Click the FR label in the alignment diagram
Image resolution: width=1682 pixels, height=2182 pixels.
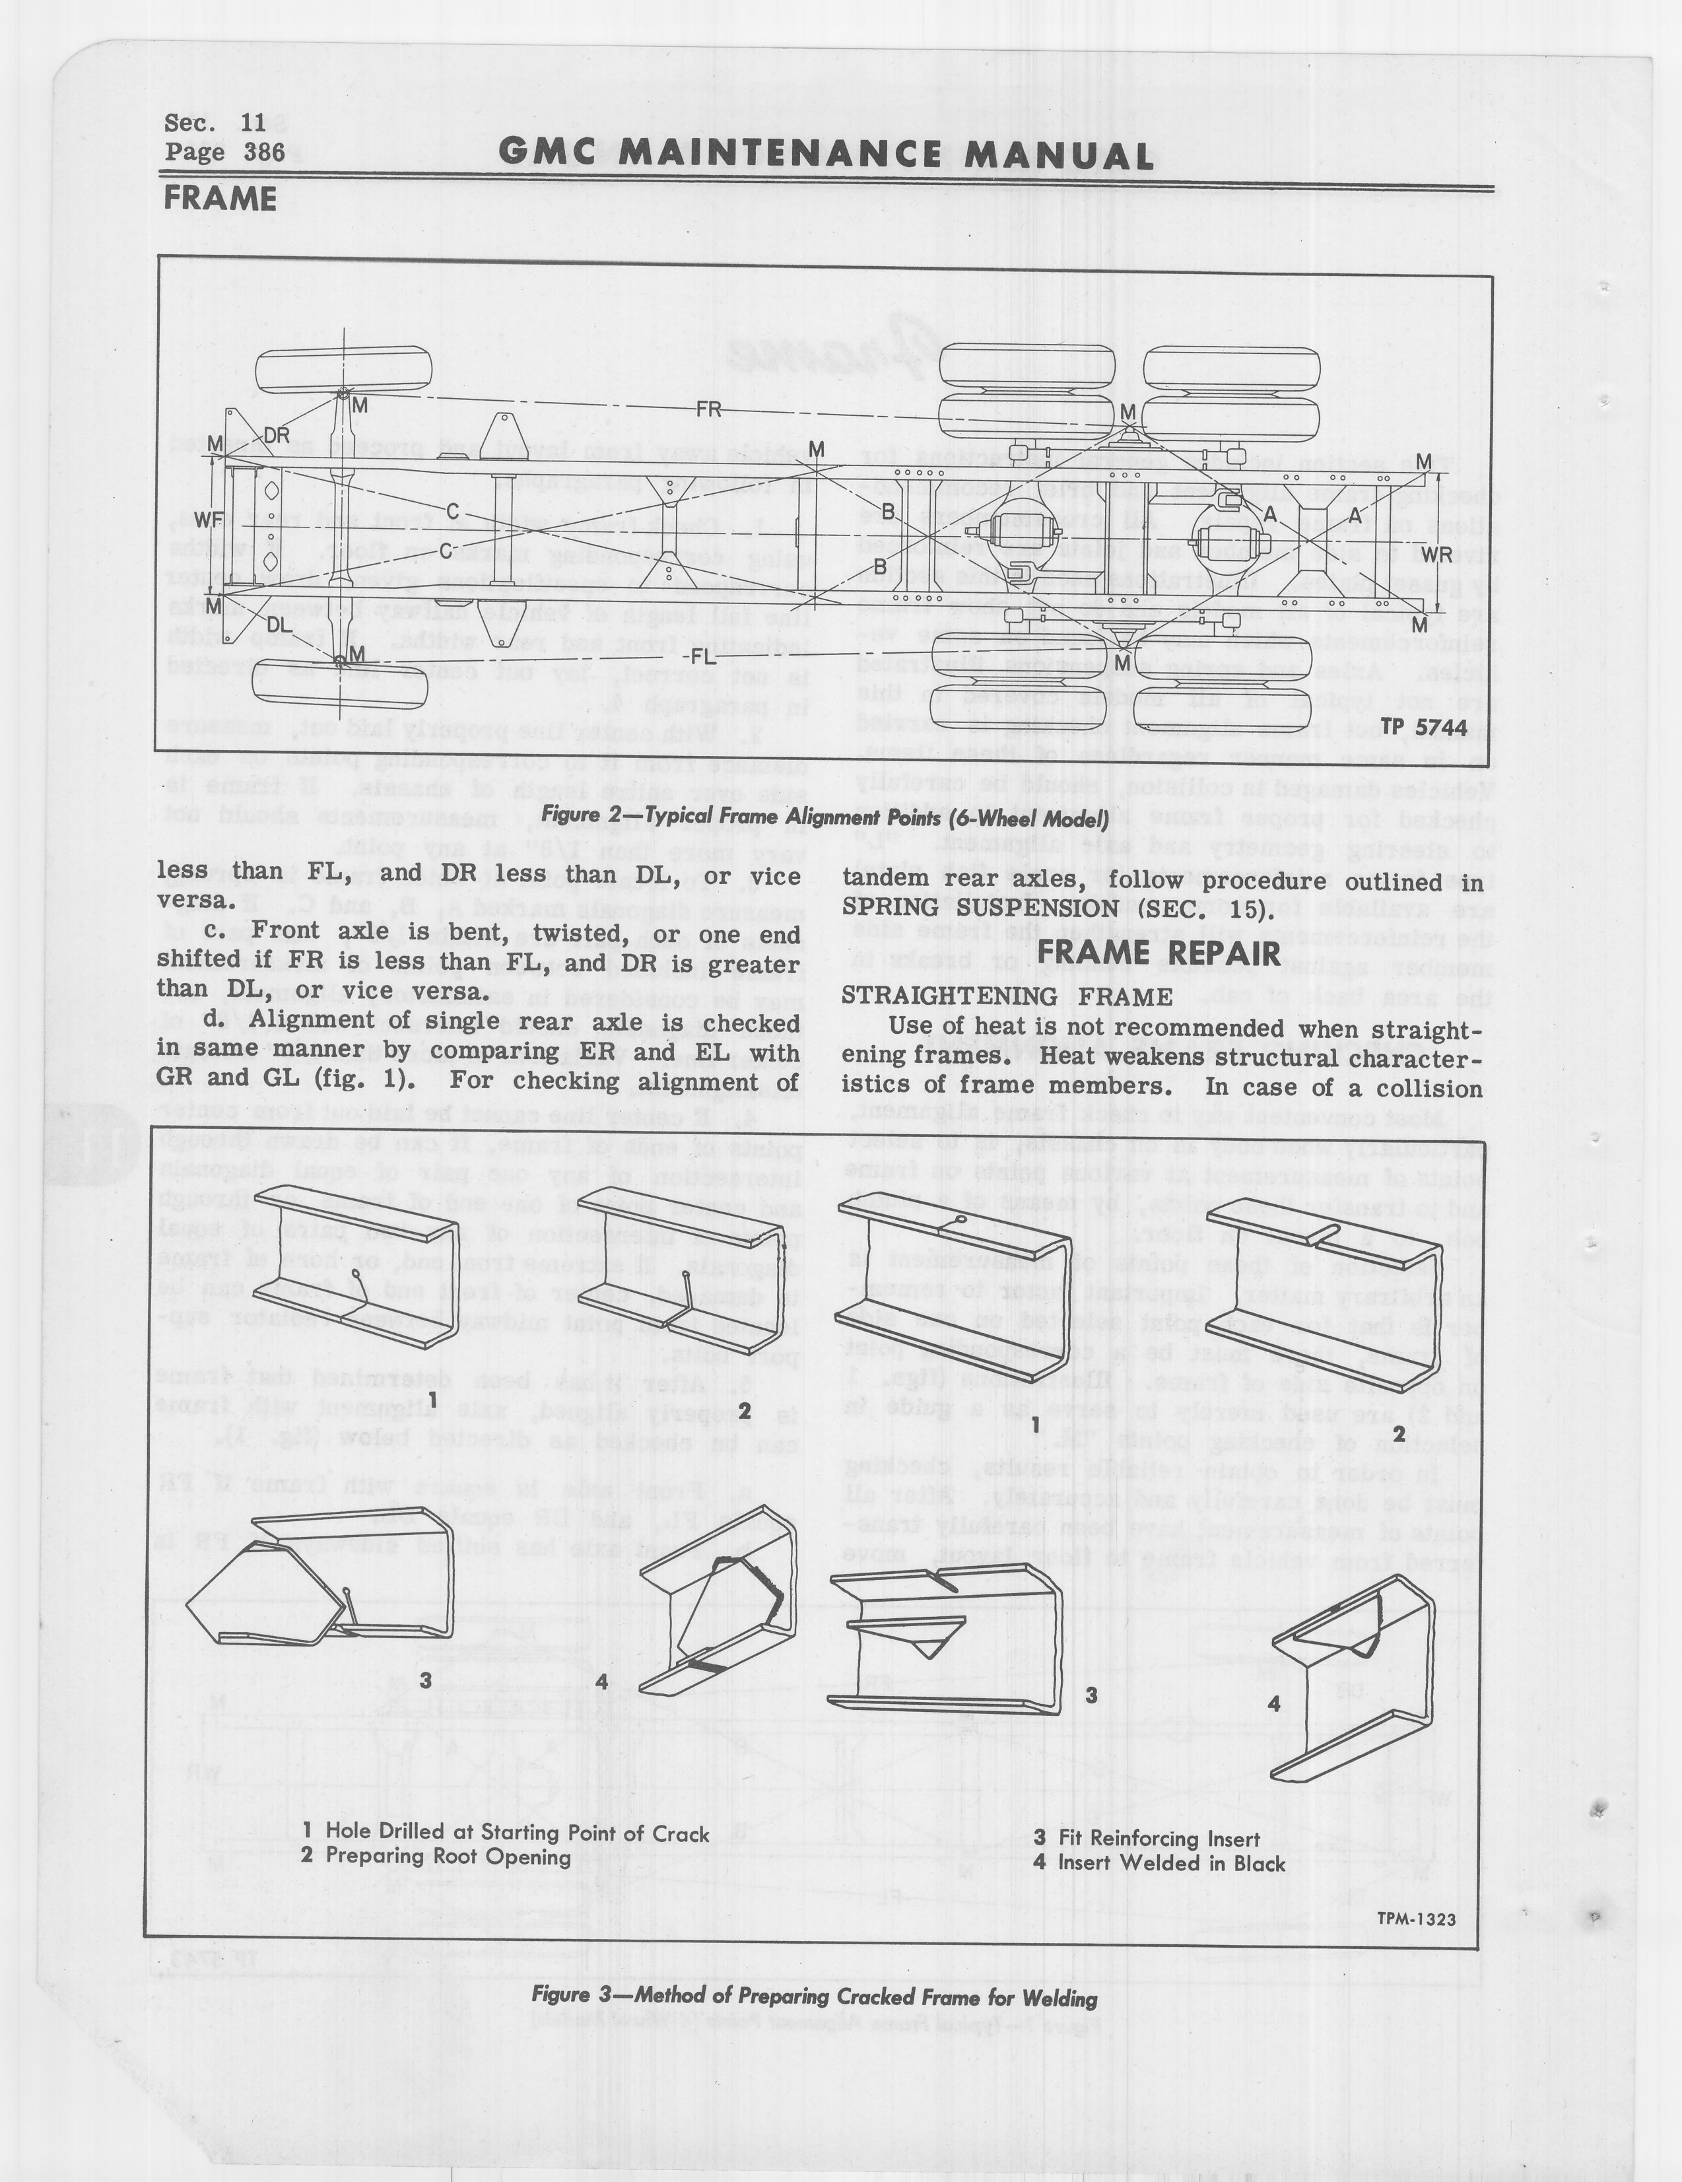coord(708,409)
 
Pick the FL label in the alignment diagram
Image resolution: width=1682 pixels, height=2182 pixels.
coord(703,658)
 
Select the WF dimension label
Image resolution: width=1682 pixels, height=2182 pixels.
coord(208,520)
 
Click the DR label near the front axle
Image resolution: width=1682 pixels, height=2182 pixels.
coord(276,436)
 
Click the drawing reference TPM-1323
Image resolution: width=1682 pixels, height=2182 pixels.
coord(1415,1918)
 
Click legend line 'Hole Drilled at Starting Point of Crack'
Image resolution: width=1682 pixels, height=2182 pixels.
coord(506,1831)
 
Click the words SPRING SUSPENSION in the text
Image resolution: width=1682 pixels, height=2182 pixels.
coord(980,908)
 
